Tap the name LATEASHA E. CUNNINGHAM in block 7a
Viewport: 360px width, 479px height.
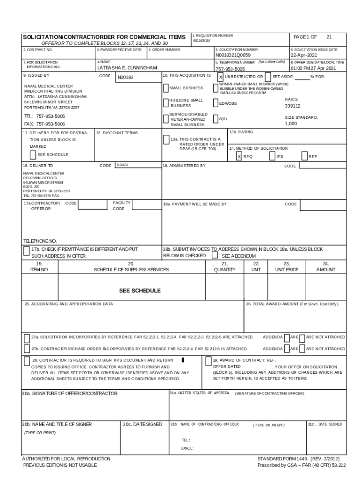click(127, 68)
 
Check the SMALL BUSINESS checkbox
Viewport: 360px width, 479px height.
click(166, 88)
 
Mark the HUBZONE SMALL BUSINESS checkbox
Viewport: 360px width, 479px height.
click(166, 103)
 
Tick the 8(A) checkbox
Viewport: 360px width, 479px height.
click(216, 119)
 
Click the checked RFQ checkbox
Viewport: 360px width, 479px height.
click(239, 157)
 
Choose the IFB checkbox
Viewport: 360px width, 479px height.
click(272, 157)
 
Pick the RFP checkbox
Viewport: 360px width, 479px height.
click(304, 157)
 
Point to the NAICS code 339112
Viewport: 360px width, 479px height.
click(293, 106)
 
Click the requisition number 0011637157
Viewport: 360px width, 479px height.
click(202, 41)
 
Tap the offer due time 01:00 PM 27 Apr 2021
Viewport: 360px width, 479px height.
click(313, 68)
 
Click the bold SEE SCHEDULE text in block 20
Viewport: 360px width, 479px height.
click(139, 290)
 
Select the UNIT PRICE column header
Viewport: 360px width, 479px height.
click(287, 269)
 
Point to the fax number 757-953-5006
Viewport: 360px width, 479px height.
click(44, 124)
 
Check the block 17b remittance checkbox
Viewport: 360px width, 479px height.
click(27, 251)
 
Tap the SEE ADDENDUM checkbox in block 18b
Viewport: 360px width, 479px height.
click(215, 256)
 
